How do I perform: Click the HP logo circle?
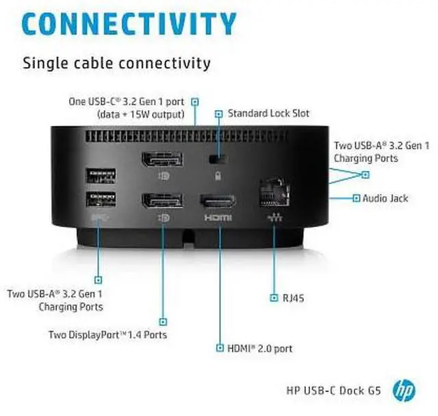404,391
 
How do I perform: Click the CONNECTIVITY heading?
130,23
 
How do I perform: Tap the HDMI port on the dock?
218,201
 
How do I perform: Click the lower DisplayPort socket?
162,201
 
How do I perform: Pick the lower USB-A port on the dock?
100,200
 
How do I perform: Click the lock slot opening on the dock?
218,159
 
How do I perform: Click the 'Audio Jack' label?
385,198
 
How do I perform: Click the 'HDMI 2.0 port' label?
260,348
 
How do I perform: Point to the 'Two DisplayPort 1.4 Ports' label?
107,335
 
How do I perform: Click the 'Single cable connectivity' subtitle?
116,64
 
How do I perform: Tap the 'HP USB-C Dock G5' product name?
333,391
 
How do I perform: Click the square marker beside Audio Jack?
356,198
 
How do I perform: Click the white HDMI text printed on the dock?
218,218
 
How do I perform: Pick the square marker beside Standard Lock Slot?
219,113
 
